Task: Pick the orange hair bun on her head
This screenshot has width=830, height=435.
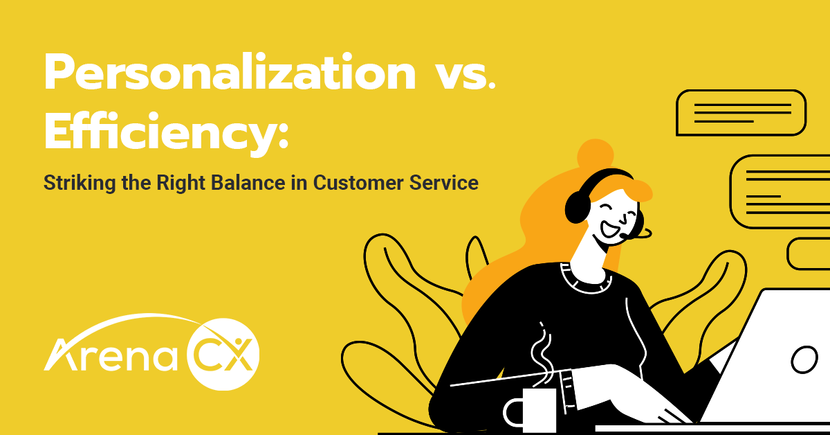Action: pos(593,155)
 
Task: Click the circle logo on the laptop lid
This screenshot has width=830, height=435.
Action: pos(804,360)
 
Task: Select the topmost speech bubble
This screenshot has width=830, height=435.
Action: pos(741,112)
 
